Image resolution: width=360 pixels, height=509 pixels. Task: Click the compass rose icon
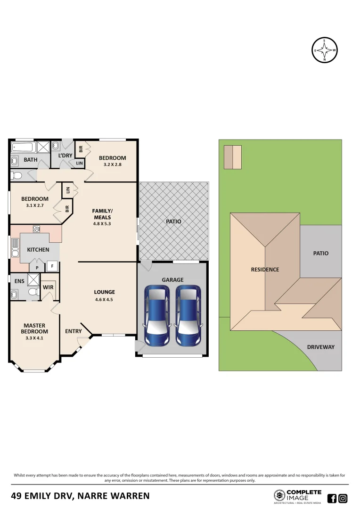(325, 49)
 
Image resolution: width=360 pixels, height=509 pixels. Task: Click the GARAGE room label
(172, 279)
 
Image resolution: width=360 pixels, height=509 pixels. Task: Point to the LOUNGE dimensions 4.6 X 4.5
(105, 299)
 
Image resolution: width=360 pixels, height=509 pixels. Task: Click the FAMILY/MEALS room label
(102, 214)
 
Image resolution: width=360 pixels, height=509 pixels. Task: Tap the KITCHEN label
(38, 249)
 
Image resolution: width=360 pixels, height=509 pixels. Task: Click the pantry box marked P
(37, 268)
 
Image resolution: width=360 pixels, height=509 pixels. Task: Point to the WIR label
(48, 287)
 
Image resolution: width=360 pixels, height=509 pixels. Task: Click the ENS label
(19, 281)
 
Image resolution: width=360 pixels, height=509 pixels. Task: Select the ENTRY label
(74, 331)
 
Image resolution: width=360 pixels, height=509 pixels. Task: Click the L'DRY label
(65, 156)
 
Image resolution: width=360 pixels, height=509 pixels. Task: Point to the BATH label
(31, 160)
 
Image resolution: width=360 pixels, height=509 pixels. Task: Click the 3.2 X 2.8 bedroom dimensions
(112, 164)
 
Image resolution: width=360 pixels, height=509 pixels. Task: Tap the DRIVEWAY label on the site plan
(320, 347)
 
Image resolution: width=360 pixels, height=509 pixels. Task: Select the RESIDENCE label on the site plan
(265, 270)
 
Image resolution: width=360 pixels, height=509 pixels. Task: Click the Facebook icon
(332, 498)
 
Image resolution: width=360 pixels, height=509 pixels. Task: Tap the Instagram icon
(343, 498)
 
